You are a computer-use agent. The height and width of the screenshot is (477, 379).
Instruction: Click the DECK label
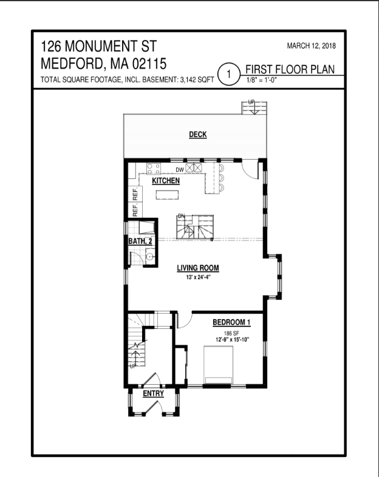coord(197,135)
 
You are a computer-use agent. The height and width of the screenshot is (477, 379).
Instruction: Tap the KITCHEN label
coord(165,181)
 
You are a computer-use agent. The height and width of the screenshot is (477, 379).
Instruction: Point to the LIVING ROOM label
coord(197,268)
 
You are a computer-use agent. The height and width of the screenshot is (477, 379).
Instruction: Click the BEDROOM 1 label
coord(231,322)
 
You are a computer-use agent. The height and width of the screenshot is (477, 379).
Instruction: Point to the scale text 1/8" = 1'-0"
coord(261,80)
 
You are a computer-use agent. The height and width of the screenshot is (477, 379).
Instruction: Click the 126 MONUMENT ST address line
coord(100,47)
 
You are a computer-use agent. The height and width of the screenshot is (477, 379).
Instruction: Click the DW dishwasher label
coord(179,169)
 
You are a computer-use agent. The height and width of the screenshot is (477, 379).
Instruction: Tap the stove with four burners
coord(153,169)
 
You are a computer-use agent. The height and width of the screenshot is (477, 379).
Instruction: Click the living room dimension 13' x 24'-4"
coord(197,277)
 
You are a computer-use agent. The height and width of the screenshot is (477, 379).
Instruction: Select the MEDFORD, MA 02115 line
coord(104,64)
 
